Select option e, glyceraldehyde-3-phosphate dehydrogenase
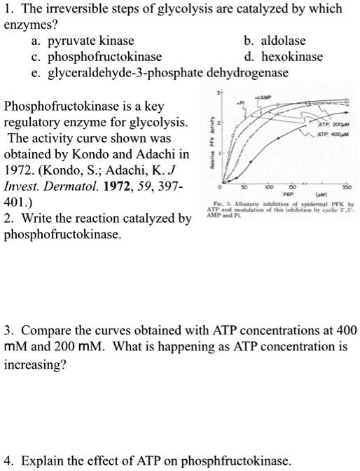pos(165,72)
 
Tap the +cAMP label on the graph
pos(266,95)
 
